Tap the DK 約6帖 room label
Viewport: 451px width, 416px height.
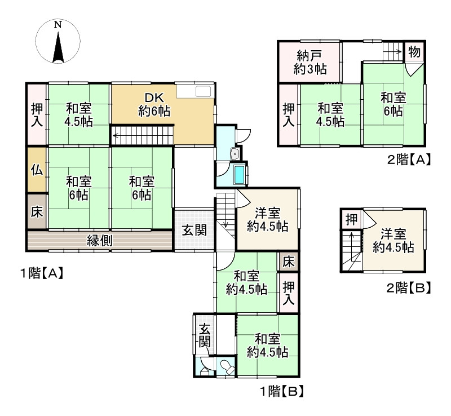154,104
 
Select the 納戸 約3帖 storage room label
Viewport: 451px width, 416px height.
309,63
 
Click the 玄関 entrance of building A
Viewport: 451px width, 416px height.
193,230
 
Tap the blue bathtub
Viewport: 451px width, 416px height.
240,175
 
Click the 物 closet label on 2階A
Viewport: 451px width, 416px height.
414,52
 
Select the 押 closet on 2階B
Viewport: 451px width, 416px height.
351,219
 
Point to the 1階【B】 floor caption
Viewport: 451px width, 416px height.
282,391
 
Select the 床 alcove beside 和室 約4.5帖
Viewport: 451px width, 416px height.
288,262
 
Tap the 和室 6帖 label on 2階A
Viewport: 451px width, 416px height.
393,105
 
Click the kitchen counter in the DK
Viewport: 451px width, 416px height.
194,91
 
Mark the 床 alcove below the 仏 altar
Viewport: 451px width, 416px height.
37,213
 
